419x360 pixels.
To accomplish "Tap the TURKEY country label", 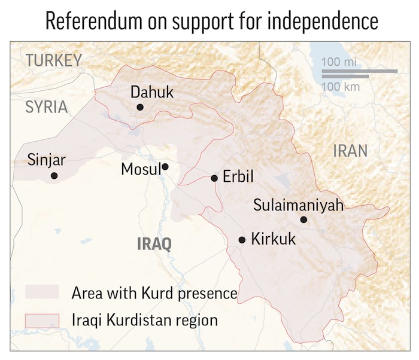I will pyautogui.click(x=53, y=60).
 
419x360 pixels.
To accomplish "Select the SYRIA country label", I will pyautogui.click(x=46, y=107).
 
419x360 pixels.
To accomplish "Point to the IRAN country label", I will pyautogui.click(x=350, y=150).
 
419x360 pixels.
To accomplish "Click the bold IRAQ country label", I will pyautogui.click(x=154, y=244).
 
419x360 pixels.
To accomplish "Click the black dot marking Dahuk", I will pyautogui.click(x=140, y=107).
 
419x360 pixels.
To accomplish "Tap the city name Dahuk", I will pyautogui.click(x=152, y=92).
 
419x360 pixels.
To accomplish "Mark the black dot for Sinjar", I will pyautogui.click(x=54, y=176).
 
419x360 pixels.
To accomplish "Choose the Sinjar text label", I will pyautogui.click(x=47, y=160).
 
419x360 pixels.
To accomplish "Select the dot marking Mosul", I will pyautogui.click(x=165, y=167).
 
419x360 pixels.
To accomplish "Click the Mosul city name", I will pyautogui.click(x=141, y=169).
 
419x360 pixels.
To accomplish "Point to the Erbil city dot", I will pyautogui.click(x=214, y=178).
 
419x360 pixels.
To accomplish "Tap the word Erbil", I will pyautogui.click(x=238, y=177).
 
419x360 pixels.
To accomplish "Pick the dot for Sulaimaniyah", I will pyautogui.click(x=303, y=220).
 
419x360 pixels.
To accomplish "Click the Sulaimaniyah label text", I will pyautogui.click(x=298, y=205).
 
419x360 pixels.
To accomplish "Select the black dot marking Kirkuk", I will pyautogui.click(x=242, y=240).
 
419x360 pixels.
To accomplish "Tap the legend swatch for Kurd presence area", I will pyautogui.click(x=42, y=292).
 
